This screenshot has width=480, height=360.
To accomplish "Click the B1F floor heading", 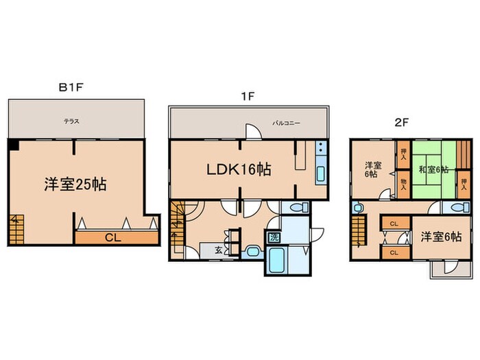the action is point(71,88).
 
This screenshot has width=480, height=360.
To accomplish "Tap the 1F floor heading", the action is point(248,97).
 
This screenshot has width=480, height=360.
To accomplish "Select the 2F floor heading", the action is point(402,123).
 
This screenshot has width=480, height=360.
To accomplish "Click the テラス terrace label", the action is point(71,121).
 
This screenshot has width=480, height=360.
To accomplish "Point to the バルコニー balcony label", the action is point(286,123).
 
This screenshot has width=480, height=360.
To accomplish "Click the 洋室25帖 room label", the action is point(75,184).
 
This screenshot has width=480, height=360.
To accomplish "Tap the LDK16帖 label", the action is point(239,169).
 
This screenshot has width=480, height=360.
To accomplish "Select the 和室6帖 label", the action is point(433,169).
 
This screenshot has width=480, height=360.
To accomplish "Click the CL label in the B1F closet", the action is point(113,237).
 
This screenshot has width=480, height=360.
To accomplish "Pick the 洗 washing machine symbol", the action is point(274,237).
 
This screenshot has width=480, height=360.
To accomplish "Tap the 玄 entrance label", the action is point(218,250).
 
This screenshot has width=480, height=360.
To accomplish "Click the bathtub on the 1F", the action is point(277,260).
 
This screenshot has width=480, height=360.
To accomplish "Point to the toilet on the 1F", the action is point(298,208).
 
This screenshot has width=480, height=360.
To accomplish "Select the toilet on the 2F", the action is point(460,208).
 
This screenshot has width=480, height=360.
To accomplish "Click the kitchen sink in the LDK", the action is point(321,174).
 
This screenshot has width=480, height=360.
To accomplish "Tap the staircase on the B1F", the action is point(16,230).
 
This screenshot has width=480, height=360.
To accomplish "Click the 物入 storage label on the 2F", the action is point(403,184).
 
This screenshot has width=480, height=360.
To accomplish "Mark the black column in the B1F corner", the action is point(14,145).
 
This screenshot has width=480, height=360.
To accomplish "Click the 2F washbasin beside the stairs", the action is point(357,208).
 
